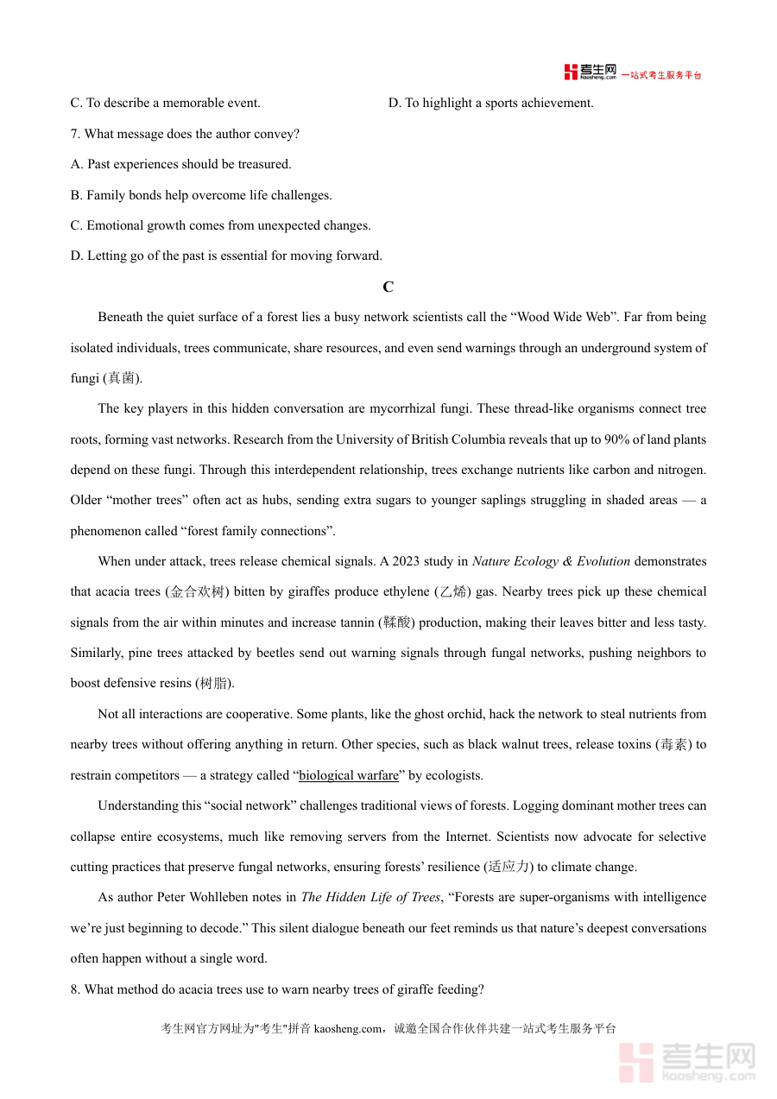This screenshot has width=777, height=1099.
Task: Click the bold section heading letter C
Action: point(388,287)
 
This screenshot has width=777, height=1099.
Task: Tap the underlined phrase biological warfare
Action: point(349,775)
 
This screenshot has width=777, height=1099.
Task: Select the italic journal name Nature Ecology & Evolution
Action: point(551,561)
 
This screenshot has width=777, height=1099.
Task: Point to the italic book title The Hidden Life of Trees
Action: point(370,897)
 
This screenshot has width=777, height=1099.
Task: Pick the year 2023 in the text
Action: point(406,561)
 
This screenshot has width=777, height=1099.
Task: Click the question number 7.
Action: point(75,134)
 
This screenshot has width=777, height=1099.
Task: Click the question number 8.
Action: point(75,989)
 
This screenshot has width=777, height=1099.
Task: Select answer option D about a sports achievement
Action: point(490,103)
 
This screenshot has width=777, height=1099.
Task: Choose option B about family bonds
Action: point(201,195)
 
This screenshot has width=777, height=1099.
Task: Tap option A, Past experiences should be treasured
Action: point(180,164)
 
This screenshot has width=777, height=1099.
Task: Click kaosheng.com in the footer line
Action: point(347,1028)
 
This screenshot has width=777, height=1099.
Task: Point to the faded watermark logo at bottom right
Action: point(687,1061)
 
